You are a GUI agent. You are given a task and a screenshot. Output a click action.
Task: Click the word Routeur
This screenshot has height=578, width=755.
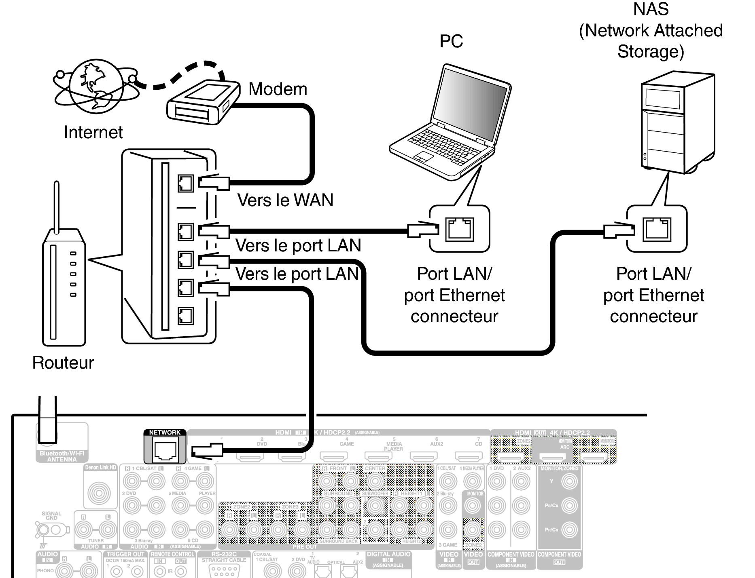(63, 363)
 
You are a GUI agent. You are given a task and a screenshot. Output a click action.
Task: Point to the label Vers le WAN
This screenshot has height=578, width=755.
(285, 200)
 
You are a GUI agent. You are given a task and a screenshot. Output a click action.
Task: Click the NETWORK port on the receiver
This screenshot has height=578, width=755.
(165, 450)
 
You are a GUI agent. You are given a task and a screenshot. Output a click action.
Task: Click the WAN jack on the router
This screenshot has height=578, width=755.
(185, 183)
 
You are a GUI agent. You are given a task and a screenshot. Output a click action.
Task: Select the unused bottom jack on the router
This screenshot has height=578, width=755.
(185, 316)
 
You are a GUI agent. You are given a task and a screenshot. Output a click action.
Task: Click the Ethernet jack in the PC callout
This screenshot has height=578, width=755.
(459, 229)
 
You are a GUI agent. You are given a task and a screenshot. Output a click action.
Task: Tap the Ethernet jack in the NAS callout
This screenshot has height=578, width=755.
(657, 229)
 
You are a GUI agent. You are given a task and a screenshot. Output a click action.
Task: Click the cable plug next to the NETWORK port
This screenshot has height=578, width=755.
(207, 451)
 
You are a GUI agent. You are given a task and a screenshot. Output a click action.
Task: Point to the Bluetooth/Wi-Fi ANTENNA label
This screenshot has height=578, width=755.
(62, 456)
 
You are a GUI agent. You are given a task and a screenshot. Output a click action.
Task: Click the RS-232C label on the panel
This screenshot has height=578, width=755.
(224, 554)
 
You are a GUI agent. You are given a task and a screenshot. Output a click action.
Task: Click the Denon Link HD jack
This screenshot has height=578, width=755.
(99, 493)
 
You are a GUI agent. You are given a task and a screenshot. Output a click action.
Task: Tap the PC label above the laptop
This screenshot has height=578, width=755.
(451, 41)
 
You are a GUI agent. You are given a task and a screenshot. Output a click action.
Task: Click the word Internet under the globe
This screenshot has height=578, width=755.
(93, 132)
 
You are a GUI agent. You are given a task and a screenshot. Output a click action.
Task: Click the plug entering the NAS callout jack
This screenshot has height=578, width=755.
(618, 230)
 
